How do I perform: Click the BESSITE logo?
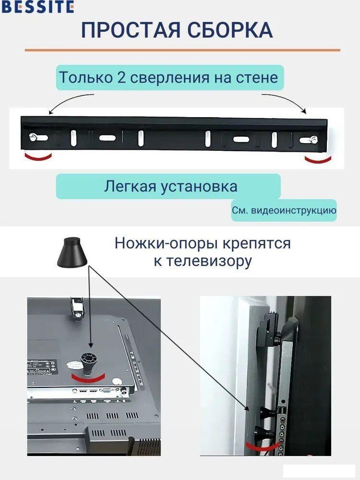coord(37,6)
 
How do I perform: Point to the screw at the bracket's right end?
coord(313,140)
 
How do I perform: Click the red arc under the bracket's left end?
coord(38,157)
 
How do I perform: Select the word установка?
coord(199,186)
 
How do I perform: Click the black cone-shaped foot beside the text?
coord(72,252)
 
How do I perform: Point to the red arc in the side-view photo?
coord(261,446)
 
